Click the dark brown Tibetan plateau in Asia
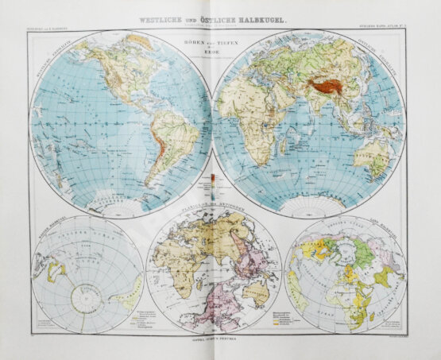[x=326, y=82]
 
